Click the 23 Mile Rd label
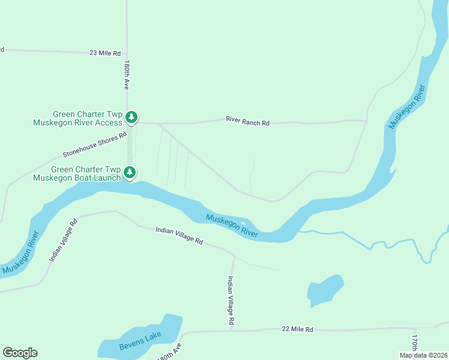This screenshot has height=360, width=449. (x=105, y=53)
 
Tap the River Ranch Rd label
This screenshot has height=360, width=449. (x=247, y=122)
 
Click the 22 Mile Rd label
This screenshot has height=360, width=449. (x=298, y=329)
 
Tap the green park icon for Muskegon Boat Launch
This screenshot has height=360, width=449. (x=130, y=173)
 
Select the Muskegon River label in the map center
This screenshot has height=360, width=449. (x=232, y=226)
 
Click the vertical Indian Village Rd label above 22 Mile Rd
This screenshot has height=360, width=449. (x=231, y=301)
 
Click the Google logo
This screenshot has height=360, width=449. (x=20, y=353)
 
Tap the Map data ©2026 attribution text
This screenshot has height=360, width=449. (x=423, y=355)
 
